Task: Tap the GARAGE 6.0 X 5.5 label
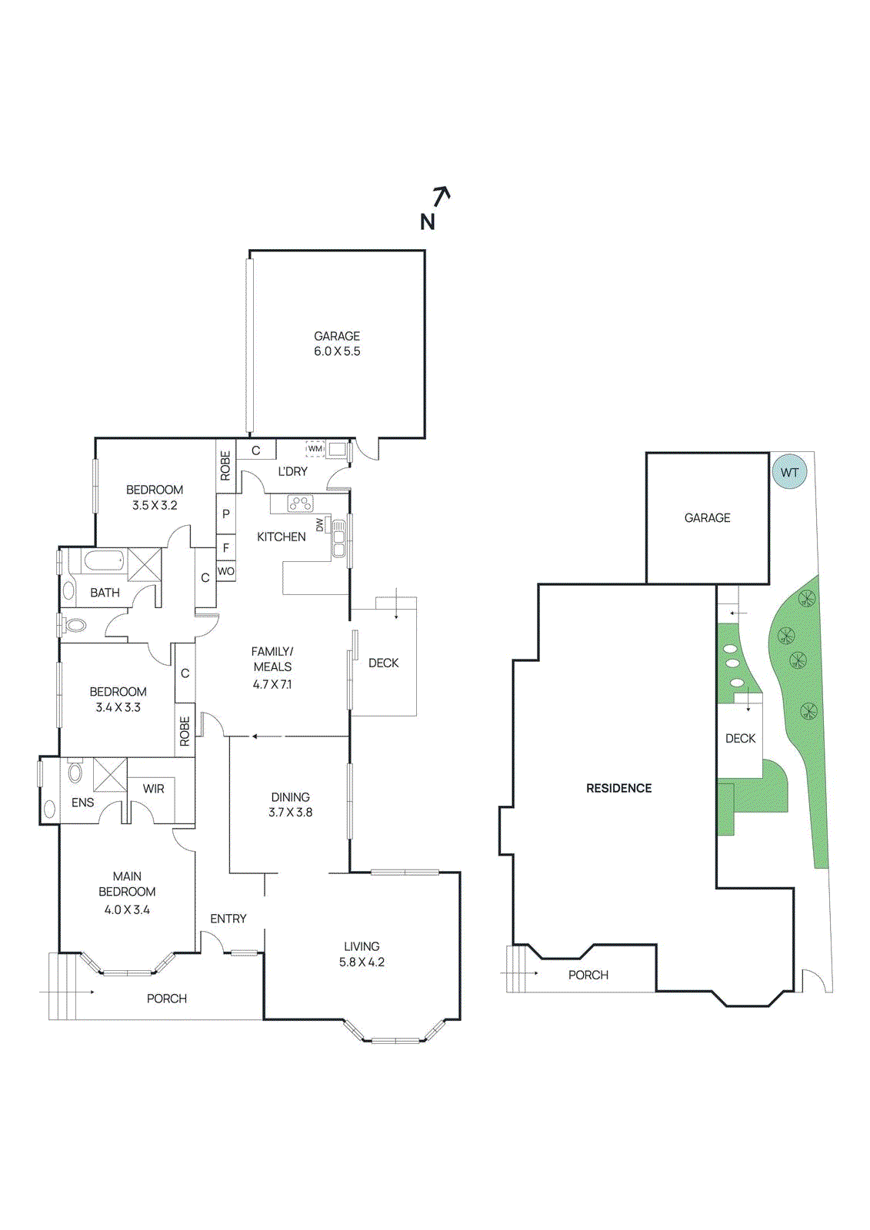pos(337,344)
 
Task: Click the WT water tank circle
pos(790,472)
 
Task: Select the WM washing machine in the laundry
pos(315,449)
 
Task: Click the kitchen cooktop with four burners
pos(300,504)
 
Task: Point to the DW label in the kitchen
pos(320,525)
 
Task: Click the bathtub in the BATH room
pos(104,561)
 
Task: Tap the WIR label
pos(153,789)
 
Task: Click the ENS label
pos(82,803)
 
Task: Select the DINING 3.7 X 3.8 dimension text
pos(290,813)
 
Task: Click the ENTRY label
pos(228,919)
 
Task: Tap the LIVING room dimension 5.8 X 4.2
pos(362,962)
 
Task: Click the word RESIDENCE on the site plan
pos(618,788)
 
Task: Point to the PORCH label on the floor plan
pos(167,999)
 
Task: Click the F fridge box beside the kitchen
pos(225,548)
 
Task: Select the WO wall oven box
pos(225,571)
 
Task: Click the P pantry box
pos(225,514)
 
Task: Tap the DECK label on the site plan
pos(740,738)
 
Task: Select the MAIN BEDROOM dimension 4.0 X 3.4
pos(127,909)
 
